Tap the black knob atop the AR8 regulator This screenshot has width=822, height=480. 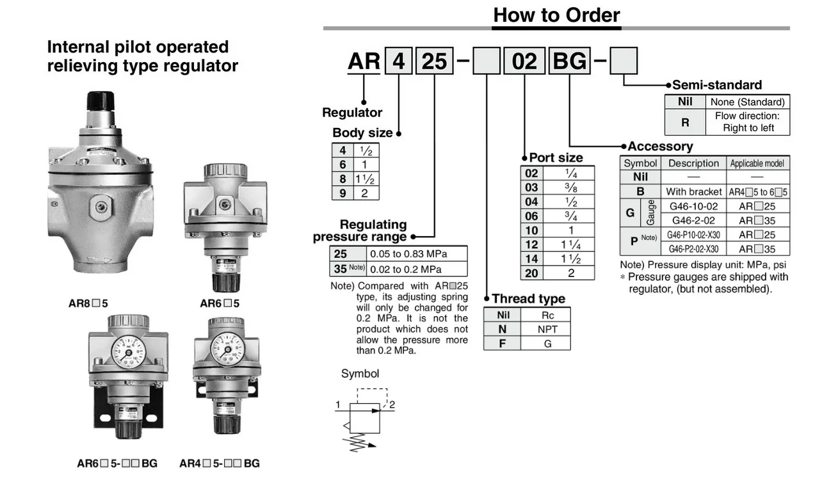(x=101, y=100)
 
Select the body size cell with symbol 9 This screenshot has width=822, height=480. (x=342, y=193)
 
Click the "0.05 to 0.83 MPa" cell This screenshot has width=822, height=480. (x=417, y=253)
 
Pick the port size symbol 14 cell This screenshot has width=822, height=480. (x=532, y=259)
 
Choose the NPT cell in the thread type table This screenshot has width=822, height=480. (x=547, y=329)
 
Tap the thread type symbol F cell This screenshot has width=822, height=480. (x=503, y=344)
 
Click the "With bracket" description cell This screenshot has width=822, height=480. (x=693, y=191)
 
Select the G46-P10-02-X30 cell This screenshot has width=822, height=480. (x=693, y=235)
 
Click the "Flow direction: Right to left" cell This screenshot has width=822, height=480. (x=748, y=122)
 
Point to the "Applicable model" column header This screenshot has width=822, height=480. (x=757, y=163)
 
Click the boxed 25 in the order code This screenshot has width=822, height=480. (x=435, y=61)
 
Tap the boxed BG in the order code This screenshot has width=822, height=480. (x=569, y=61)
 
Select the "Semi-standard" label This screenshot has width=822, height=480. (x=717, y=84)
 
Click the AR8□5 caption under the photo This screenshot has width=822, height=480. (x=88, y=303)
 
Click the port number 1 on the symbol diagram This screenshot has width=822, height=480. (x=337, y=404)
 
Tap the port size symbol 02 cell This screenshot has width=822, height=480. (x=532, y=173)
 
